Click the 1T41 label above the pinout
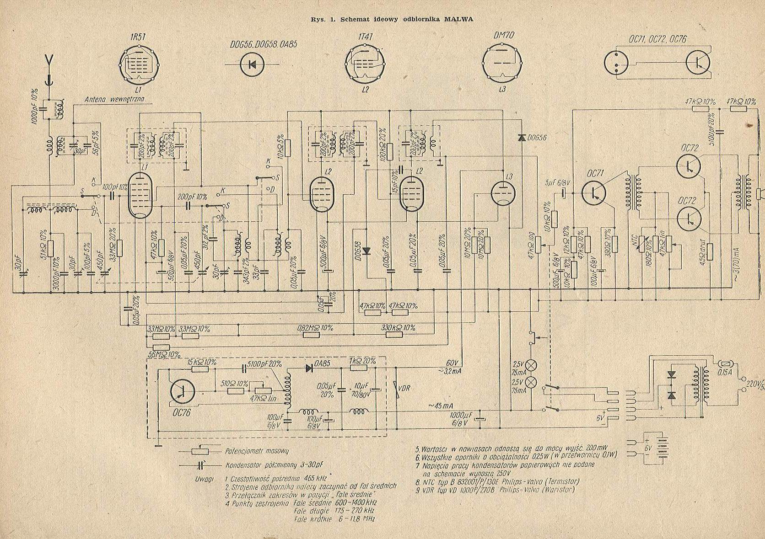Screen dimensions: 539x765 (x=365, y=39)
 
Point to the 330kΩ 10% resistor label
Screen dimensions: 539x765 (x=398, y=328)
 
